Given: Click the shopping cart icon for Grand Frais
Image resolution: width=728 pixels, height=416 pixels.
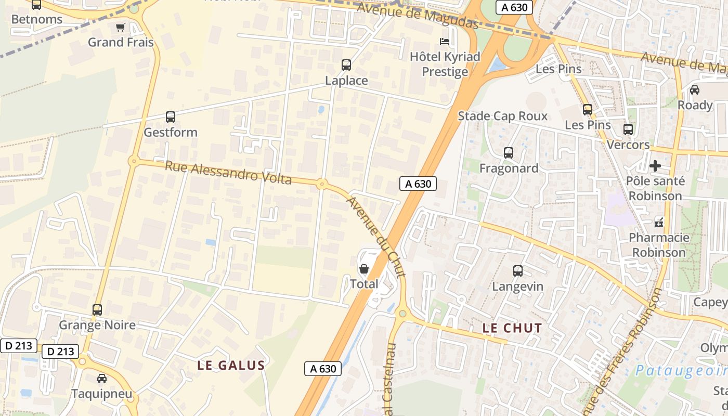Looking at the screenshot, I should pyautogui.click(x=120, y=27).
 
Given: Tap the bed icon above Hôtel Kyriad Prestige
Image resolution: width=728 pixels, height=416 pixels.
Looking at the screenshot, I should pyautogui.click(x=445, y=41).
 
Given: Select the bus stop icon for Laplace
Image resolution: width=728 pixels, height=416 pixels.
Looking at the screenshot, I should pyautogui.click(x=346, y=65).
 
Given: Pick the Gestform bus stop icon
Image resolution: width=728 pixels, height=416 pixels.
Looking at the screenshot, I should pyautogui.click(x=171, y=117).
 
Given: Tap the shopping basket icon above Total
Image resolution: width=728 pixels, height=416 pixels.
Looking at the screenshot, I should pyautogui.click(x=364, y=269).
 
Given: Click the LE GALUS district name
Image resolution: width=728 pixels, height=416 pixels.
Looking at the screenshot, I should pyautogui.click(x=231, y=366).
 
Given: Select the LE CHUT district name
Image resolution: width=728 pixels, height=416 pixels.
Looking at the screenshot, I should pyautogui.click(x=512, y=328).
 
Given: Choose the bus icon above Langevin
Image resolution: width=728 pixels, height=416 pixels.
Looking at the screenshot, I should pyautogui.click(x=518, y=271).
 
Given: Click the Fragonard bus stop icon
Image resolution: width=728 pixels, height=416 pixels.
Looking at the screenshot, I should pyautogui.click(x=509, y=153).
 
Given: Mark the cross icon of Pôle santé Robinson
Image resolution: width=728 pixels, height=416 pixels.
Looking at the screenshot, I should pyautogui.click(x=655, y=166).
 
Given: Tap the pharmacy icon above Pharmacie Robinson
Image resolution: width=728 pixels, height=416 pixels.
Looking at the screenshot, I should pyautogui.click(x=659, y=222).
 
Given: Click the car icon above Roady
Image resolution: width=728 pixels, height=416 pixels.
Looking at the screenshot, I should pyautogui.click(x=695, y=89).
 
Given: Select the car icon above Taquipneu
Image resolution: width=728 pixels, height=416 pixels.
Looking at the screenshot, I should pyautogui.click(x=102, y=378).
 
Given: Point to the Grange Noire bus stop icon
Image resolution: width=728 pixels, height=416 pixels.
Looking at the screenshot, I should pyautogui.click(x=97, y=310).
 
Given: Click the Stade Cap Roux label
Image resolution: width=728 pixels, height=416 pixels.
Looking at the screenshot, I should pyautogui.click(x=502, y=116).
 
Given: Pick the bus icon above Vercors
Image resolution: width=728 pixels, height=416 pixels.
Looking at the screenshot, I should pyautogui.click(x=628, y=129).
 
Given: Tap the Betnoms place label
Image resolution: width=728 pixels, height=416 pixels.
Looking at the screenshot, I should pyautogui.click(x=36, y=20).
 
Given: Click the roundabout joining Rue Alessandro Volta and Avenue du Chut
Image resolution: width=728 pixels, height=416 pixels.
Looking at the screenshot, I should pyautogui.click(x=322, y=184).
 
